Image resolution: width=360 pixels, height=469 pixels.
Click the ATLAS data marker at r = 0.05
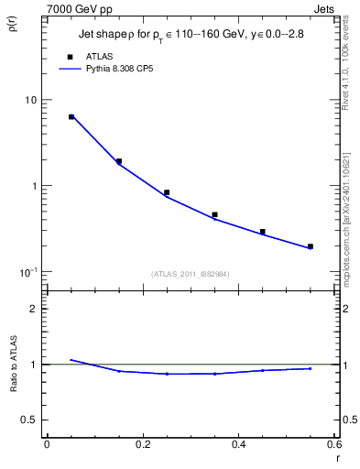[x=71, y=117]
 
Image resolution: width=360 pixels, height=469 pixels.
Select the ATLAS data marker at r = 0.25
[x=167, y=192]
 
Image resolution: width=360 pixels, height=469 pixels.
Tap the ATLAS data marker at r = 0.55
[x=311, y=246]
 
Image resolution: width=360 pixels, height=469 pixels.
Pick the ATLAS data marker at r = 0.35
[x=214, y=215]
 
